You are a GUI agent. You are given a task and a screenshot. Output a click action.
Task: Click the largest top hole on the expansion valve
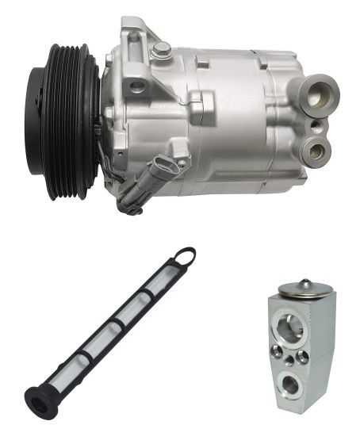(292, 321)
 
